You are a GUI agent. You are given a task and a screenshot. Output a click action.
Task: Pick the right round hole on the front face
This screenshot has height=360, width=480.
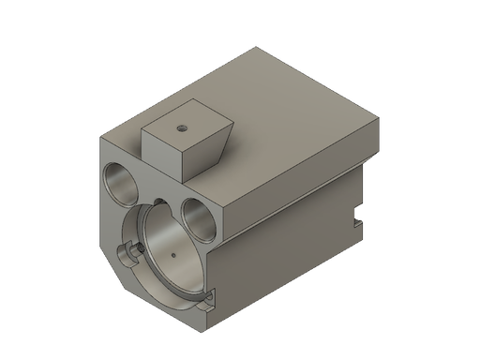pos(199,214)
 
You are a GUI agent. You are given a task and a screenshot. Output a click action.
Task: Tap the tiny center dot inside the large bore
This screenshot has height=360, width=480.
pos(174,254)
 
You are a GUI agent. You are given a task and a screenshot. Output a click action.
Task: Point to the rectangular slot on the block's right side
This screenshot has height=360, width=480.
pos(358,221)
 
